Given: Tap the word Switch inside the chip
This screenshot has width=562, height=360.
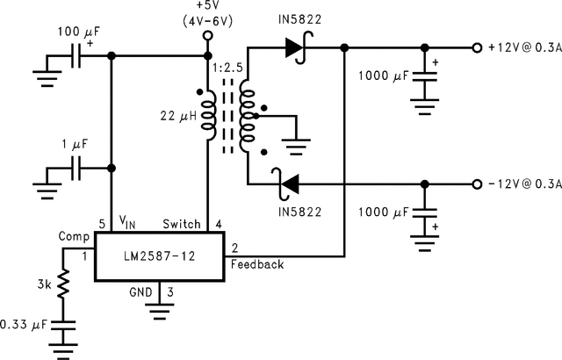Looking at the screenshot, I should [182, 224].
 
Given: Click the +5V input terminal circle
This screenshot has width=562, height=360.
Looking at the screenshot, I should [208, 37].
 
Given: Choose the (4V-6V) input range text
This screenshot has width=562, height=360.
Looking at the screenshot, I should [208, 19].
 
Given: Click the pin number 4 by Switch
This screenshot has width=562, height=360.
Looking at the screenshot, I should [219, 224].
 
